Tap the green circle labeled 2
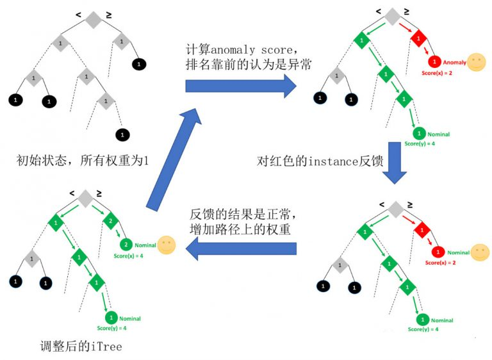126,244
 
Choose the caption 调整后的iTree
79,347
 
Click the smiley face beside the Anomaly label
476,62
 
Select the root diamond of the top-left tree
94,19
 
